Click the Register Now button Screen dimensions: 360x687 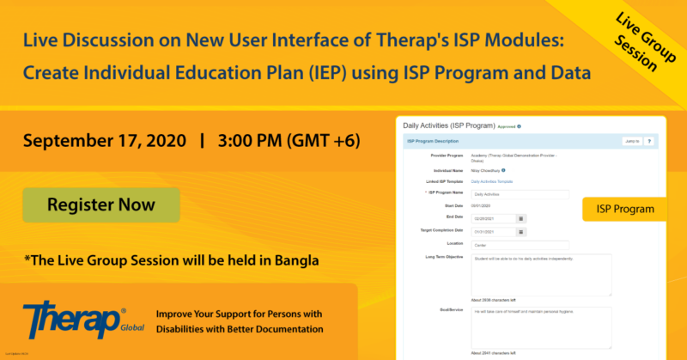tap(101, 205)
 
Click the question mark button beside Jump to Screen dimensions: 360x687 tap(649, 141)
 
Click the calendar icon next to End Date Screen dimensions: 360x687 tap(520, 218)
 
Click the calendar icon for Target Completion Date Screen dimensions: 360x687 tap(520, 232)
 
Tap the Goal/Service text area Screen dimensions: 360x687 tap(541, 327)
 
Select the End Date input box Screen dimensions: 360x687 tap(493, 218)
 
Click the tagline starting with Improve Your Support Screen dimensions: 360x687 tap(240, 321)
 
